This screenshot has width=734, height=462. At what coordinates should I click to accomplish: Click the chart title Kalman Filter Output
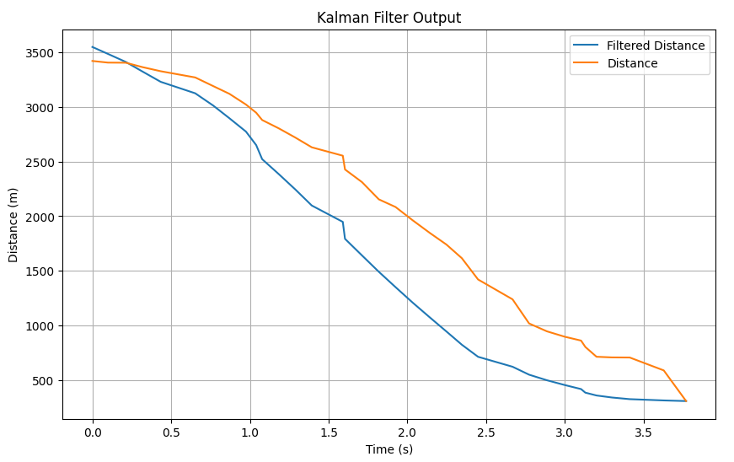pos(388,18)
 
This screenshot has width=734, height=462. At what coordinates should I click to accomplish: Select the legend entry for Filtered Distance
pos(656,46)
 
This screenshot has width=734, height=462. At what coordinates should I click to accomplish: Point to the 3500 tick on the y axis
pos(40,53)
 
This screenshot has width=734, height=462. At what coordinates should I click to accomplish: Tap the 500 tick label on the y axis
pos(43,381)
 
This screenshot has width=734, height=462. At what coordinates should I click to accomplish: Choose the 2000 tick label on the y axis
pos(40,217)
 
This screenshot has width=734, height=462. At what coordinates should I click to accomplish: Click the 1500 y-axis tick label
pos(40,271)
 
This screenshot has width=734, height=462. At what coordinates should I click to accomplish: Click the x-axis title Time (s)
pos(388,449)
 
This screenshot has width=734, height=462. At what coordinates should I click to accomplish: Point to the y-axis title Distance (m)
pos(13,224)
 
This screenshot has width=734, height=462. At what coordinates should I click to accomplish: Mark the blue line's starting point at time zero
pos(93,47)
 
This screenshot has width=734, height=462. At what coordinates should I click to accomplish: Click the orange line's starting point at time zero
pos(93,61)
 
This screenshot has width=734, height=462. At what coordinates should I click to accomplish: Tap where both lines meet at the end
pos(686,400)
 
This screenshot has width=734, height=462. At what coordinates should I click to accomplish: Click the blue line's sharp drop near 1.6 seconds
pos(344,230)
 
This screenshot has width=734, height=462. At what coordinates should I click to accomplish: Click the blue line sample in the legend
pos(587,46)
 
